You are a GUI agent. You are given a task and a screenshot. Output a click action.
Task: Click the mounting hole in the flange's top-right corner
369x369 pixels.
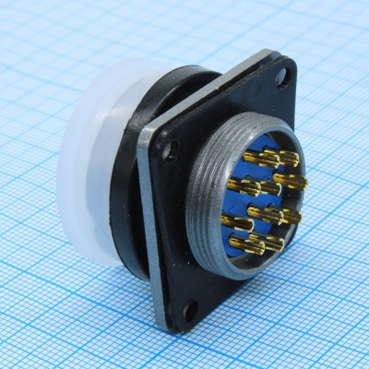pos(280,79)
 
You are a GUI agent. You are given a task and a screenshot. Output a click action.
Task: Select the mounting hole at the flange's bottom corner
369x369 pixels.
pos(189,311)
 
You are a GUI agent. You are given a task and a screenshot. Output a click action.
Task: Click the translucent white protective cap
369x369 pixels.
pos(88,166)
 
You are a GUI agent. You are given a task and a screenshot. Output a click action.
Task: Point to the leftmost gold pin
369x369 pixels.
pos(234,221)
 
